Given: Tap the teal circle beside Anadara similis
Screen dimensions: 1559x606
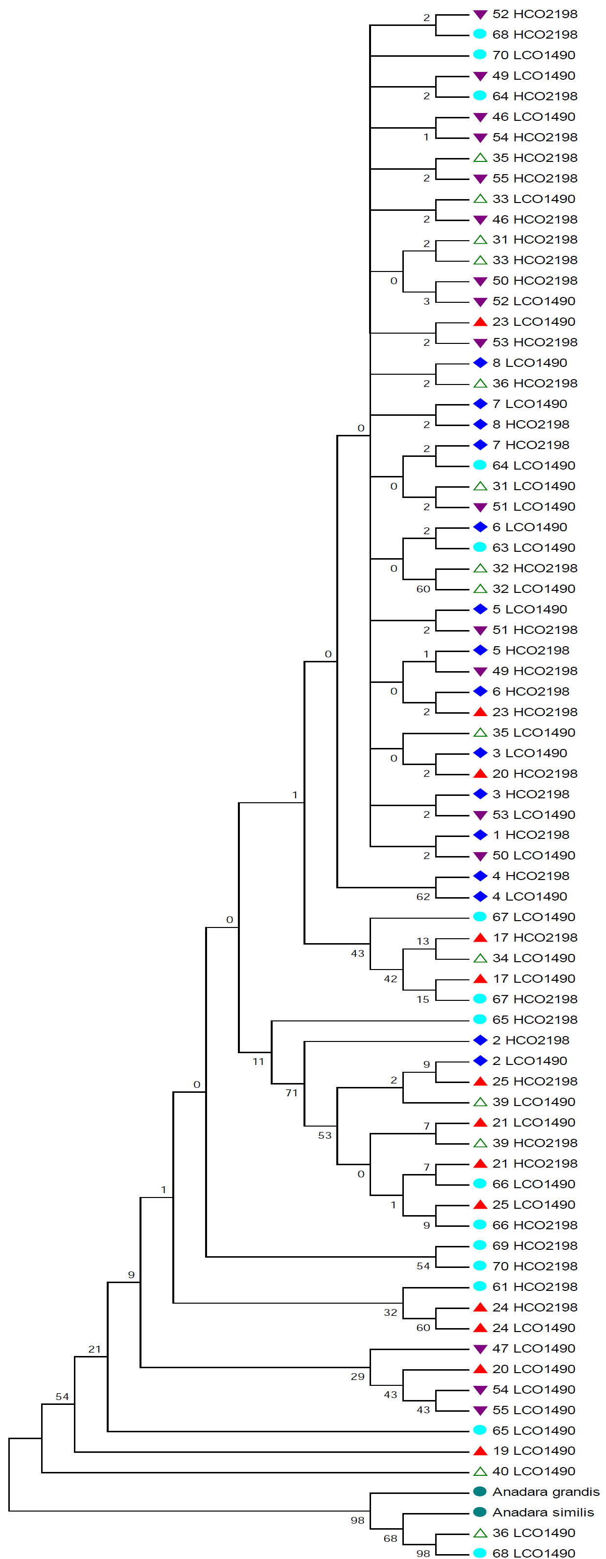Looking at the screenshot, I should coord(480,1512).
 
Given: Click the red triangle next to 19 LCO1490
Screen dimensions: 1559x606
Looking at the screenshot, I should coord(480,1451).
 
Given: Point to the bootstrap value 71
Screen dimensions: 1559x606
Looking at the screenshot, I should coord(292,1092).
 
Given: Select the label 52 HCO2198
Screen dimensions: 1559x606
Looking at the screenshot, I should coord(535,14).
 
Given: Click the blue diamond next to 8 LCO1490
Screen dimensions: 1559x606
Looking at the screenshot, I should coord(480,362).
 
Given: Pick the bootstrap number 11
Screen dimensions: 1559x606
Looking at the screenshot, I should coord(258,1061).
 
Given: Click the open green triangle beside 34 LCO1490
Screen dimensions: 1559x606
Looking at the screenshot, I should coord(480,958).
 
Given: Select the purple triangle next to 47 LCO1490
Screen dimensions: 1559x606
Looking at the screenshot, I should coord(480,1348).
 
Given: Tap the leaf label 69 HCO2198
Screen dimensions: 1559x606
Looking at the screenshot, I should coord(535,1245).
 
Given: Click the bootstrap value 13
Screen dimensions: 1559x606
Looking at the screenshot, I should coord(422,941).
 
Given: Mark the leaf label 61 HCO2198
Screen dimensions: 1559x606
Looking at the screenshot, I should coord(535,1286).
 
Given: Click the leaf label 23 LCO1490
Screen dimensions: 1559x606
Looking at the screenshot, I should coord(534,321).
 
